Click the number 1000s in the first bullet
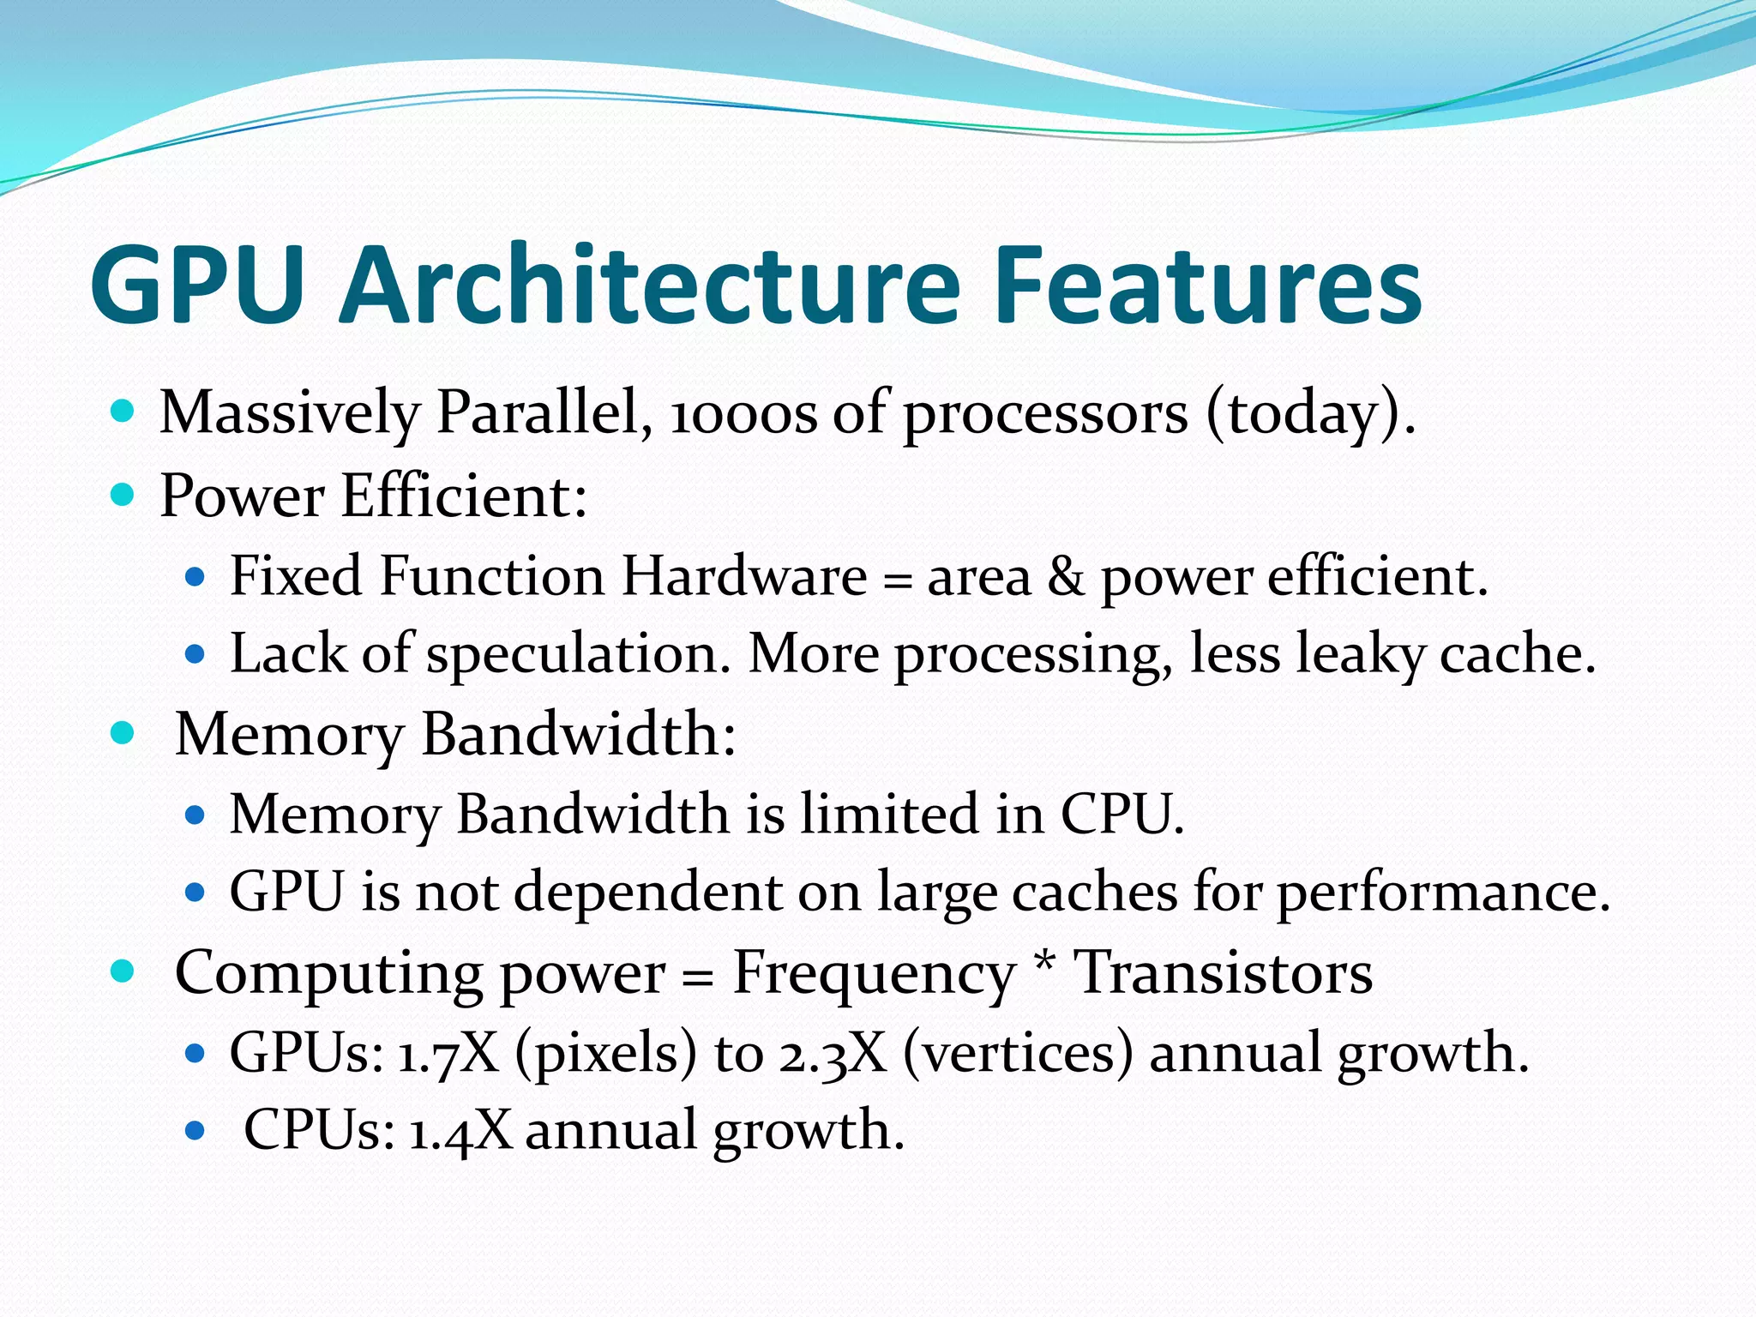coord(743,413)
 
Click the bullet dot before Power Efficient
coord(123,495)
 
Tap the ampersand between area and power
coord(1066,576)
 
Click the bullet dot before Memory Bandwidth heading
coord(123,733)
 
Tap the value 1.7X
coord(448,1054)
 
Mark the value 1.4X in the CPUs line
coord(460,1131)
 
